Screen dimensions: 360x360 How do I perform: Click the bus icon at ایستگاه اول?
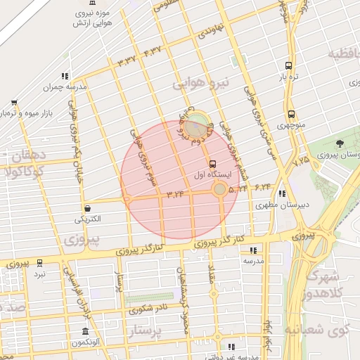tap(213, 163)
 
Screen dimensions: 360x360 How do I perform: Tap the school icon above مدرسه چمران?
tap(65, 76)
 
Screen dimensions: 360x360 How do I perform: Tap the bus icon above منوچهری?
tap(291, 114)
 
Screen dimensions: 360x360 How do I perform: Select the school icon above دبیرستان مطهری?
tap(282, 194)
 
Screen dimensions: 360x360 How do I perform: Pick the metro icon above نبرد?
tap(39, 262)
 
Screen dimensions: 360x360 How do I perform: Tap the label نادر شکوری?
tap(152, 307)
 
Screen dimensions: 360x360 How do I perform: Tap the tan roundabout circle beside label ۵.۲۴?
tap(220, 188)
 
